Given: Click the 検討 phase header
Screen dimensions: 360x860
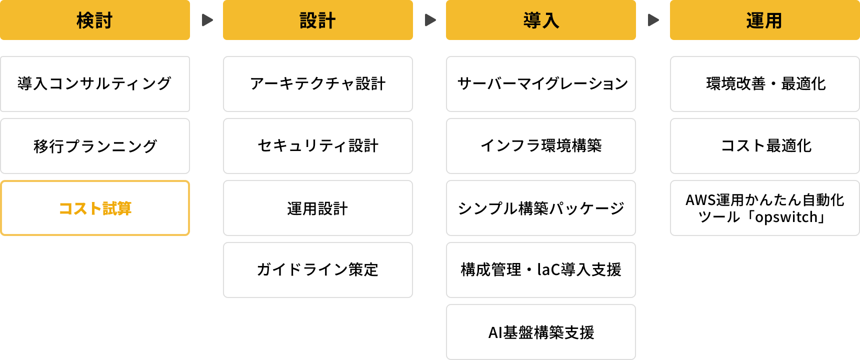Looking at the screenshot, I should pyautogui.click(x=95, y=20).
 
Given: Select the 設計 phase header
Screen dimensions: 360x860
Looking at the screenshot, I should pyautogui.click(x=318, y=20).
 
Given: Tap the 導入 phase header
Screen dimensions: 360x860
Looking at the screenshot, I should pyautogui.click(x=541, y=20).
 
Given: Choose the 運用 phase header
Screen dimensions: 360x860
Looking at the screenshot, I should pyautogui.click(x=764, y=20).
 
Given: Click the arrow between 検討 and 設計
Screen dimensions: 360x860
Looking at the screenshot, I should pyautogui.click(x=207, y=20).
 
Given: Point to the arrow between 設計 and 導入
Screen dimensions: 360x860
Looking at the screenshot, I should pyautogui.click(x=430, y=20).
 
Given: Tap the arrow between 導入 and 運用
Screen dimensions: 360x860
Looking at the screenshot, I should pyautogui.click(x=653, y=20).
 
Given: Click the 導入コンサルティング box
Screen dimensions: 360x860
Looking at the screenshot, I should pyautogui.click(x=95, y=83).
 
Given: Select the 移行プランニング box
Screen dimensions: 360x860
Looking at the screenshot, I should pyautogui.click(x=95, y=146).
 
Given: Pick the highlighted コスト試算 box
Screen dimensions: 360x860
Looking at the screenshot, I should pyautogui.click(x=95, y=208).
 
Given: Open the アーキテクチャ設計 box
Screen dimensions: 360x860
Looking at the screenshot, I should pyautogui.click(x=318, y=83).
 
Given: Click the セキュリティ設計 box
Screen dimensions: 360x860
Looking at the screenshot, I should pyautogui.click(x=318, y=146).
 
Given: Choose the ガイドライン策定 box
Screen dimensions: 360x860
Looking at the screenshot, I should pyautogui.click(x=318, y=270).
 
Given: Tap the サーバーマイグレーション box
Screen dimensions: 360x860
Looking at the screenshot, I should pyautogui.click(x=541, y=83).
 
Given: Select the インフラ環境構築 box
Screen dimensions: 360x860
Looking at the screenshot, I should pyautogui.click(x=541, y=146).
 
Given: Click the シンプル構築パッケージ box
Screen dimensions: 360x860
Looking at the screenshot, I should pyautogui.click(x=541, y=208).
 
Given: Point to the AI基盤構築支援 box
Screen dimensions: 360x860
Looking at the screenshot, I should pyautogui.click(x=541, y=332).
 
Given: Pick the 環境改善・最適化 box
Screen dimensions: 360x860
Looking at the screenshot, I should pyautogui.click(x=764, y=83).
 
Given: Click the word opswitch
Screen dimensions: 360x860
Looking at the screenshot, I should pyautogui.click(x=785, y=217).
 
